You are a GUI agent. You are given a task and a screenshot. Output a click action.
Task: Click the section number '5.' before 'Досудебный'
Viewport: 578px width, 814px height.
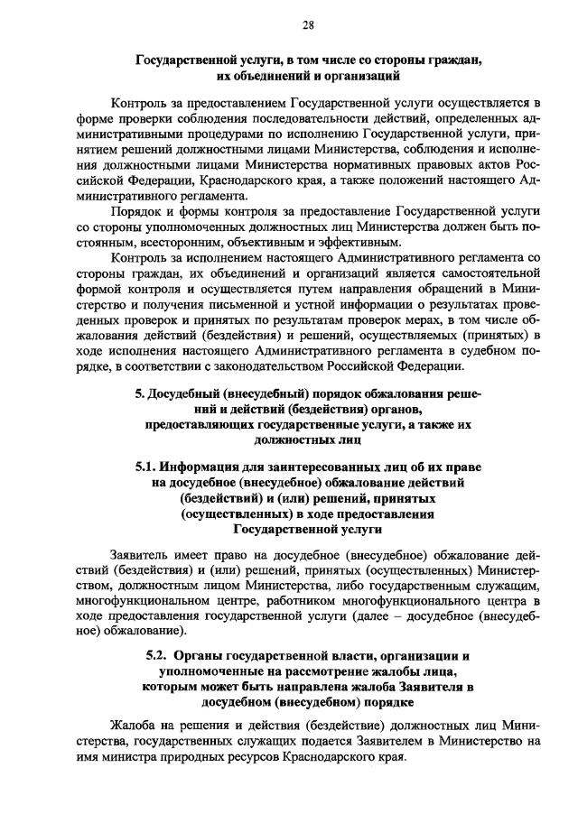click(x=140, y=394)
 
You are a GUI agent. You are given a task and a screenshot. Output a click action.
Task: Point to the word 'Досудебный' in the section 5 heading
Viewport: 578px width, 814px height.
click(x=187, y=394)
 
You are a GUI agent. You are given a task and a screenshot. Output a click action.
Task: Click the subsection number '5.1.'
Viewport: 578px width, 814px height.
click(x=146, y=467)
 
